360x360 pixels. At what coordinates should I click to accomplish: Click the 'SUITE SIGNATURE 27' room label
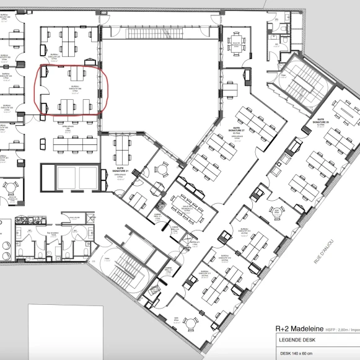[239, 132]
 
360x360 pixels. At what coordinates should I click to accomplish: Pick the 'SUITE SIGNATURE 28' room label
[320, 123]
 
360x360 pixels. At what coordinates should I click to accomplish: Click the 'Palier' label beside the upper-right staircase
[283, 76]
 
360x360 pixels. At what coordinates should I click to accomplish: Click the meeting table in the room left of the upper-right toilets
[235, 43]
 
